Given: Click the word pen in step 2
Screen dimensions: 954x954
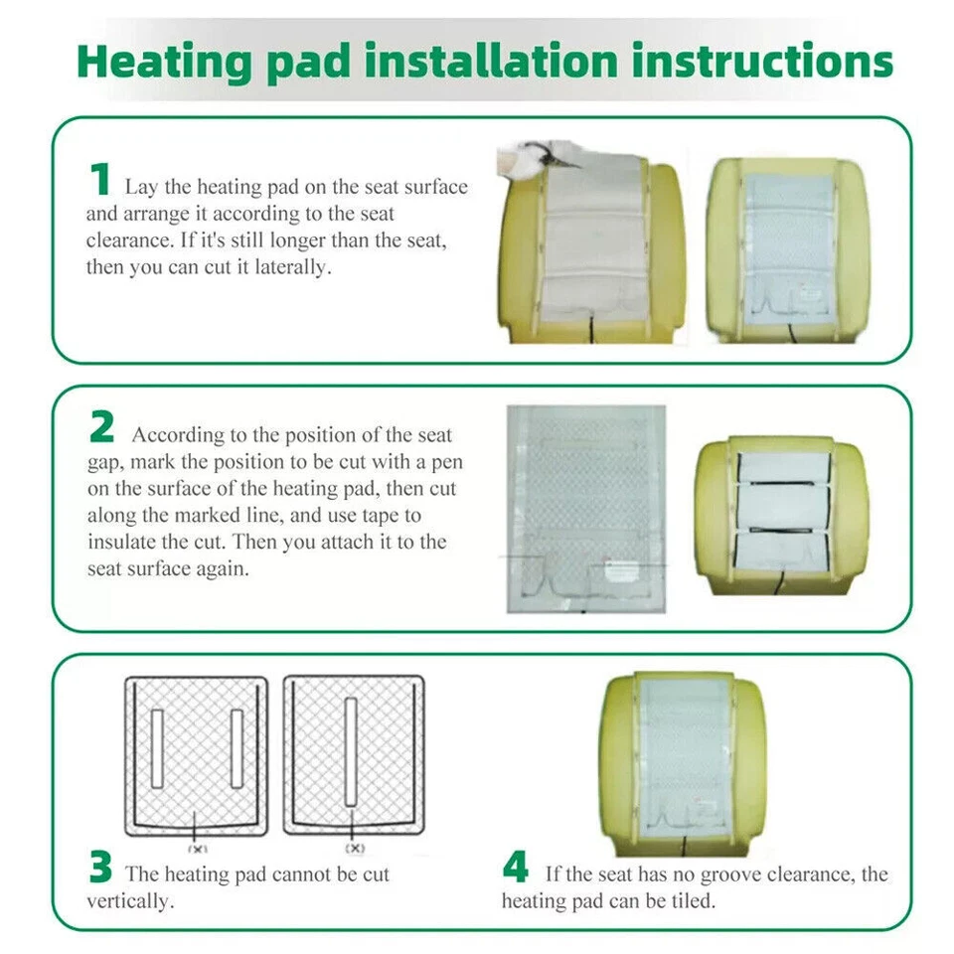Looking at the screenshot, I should [448, 462].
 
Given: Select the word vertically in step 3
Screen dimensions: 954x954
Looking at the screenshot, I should [126, 901].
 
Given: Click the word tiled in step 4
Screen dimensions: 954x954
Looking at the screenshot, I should [692, 901].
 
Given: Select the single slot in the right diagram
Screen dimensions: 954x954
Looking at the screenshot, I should [351, 751].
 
